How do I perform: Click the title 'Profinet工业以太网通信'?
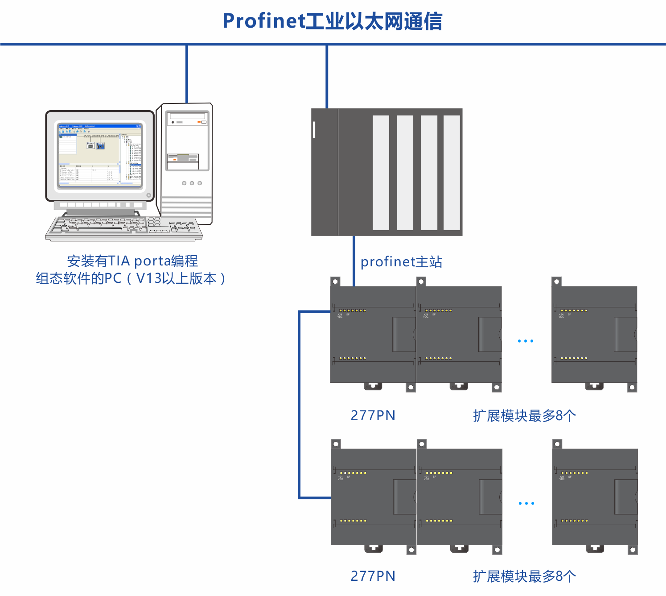333,21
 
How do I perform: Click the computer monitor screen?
100,155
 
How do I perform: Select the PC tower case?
187,163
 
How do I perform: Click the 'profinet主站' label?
401,262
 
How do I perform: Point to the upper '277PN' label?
373,415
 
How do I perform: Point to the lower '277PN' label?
373,576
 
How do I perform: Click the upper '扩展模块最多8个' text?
524,416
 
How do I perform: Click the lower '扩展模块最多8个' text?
524,576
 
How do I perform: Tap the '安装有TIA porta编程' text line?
132,261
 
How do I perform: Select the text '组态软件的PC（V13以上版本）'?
131,279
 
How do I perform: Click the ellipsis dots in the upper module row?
526,341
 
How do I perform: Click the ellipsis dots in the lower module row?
526,504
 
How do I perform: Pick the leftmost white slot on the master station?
381,173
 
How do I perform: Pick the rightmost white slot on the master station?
452,173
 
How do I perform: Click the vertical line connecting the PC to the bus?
187,74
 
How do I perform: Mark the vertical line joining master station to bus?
327,76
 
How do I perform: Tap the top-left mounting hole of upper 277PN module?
335,281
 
